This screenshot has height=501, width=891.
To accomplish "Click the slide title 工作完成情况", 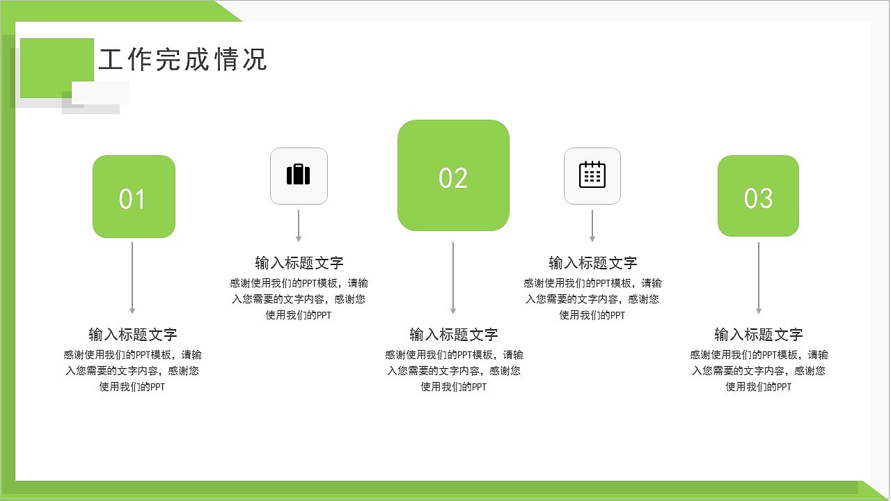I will pyautogui.click(x=183, y=60).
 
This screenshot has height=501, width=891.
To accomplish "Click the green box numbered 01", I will pyautogui.click(x=134, y=197).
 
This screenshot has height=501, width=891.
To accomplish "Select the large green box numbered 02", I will pyautogui.click(x=453, y=175).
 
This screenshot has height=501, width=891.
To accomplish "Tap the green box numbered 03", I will pyautogui.click(x=758, y=196).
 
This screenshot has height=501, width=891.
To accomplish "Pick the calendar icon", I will pyautogui.click(x=592, y=175).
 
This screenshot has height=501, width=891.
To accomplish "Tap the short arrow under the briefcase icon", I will pyautogui.click(x=299, y=225).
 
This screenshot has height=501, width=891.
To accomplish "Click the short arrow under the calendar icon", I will pyautogui.click(x=592, y=225).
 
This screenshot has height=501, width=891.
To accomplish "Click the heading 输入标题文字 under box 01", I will pyautogui.click(x=132, y=334).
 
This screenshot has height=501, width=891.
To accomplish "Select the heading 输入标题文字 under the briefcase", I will pyautogui.click(x=299, y=263).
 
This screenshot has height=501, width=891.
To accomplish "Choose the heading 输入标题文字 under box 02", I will pyautogui.click(x=453, y=334).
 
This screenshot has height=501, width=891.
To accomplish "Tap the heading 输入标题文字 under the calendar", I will pyautogui.click(x=592, y=263).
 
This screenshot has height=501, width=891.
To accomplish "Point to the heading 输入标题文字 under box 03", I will pyautogui.click(x=758, y=334).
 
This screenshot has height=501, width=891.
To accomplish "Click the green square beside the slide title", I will pyautogui.click(x=56, y=67).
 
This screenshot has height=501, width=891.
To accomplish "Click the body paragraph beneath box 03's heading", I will pyautogui.click(x=759, y=370).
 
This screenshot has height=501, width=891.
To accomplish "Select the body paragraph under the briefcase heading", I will pyautogui.click(x=299, y=299).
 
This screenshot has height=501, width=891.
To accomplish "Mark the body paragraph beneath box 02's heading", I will pyautogui.click(x=454, y=370).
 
